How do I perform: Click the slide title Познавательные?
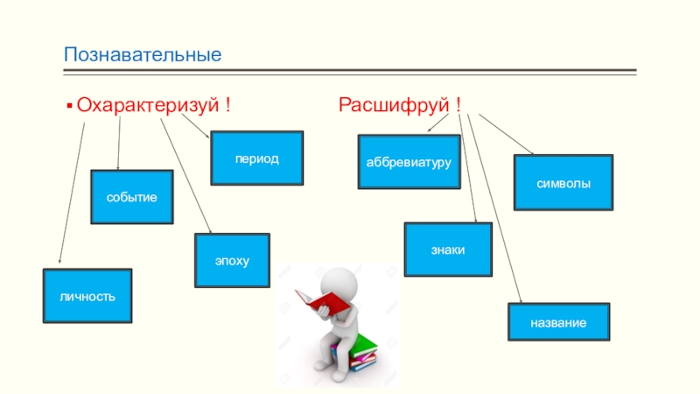click(x=141, y=55)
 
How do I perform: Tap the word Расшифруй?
click(x=393, y=106)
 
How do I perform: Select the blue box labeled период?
click(x=256, y=158)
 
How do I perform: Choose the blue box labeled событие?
click(x=132, y=197)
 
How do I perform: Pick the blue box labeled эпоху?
click(x=232, y=261)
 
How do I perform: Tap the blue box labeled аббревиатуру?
click(x=409, y=162)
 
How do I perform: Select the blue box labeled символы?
click(x=563, y=183)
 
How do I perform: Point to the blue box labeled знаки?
click(x=447, y=250)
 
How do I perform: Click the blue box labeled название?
click(x=558, y=321)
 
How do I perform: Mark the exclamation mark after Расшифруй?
click(x=458, y=106)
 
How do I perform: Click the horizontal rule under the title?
click(x=350, y=72)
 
